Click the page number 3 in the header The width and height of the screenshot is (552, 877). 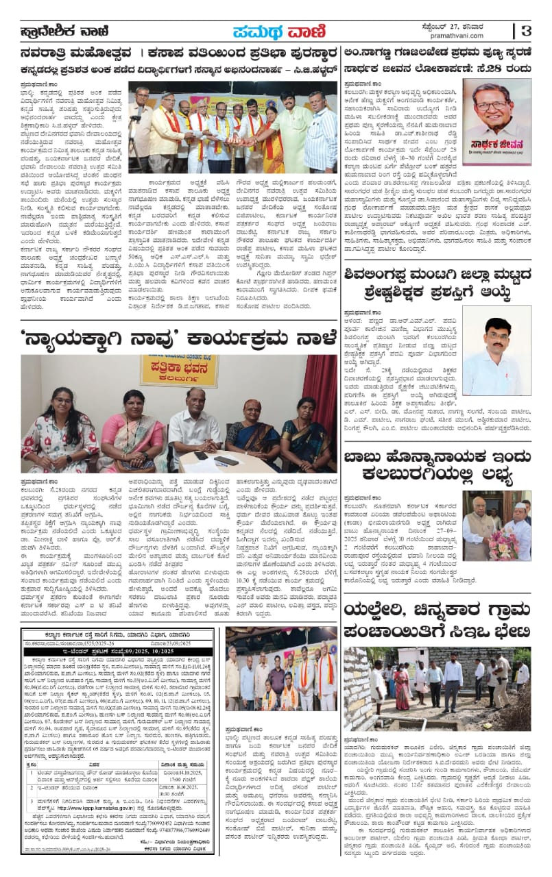(x=526, y=31)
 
